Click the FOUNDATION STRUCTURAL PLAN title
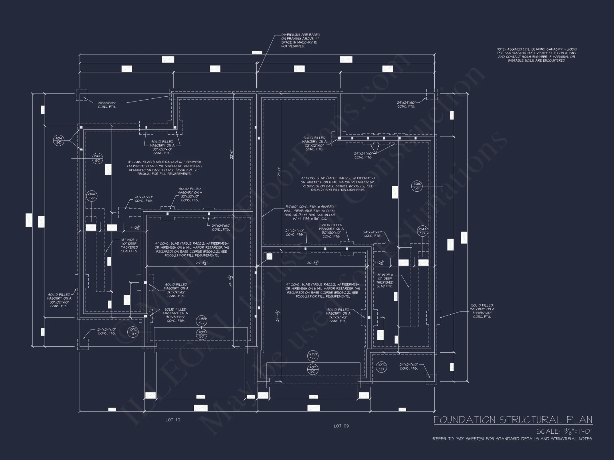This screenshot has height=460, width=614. (x=513, y=420)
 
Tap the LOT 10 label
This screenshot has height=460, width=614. (x=173, y=420)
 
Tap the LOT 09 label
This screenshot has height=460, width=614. (x=341, y=426)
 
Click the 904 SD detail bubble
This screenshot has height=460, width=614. (x=58, y=140)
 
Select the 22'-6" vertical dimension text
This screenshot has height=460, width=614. (x=232, y=154)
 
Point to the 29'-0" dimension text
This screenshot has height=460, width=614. (x=279, y=172)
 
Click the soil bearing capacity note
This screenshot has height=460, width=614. (x=536, y=55)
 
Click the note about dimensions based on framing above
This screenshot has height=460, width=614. (x=300, y=40)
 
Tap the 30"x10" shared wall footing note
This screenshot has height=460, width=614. (x=309, y=213)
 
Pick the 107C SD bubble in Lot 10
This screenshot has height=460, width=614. (x=133, y=332)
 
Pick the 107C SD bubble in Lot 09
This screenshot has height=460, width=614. (x=381, y=367)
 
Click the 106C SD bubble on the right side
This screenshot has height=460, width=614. (x=417, y=186)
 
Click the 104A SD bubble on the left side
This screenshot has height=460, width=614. (x=91, y=196)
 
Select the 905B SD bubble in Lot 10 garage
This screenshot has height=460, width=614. (x=202, y=321)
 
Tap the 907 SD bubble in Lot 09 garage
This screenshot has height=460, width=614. (x=313, y=369)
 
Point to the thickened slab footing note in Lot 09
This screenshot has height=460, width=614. (x=385, y=280)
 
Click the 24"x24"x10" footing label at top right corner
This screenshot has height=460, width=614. (x=406, y=105)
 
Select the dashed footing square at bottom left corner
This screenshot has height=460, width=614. (x=83, y=344)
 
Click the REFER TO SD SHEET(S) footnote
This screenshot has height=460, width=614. (x=512, y=439)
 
